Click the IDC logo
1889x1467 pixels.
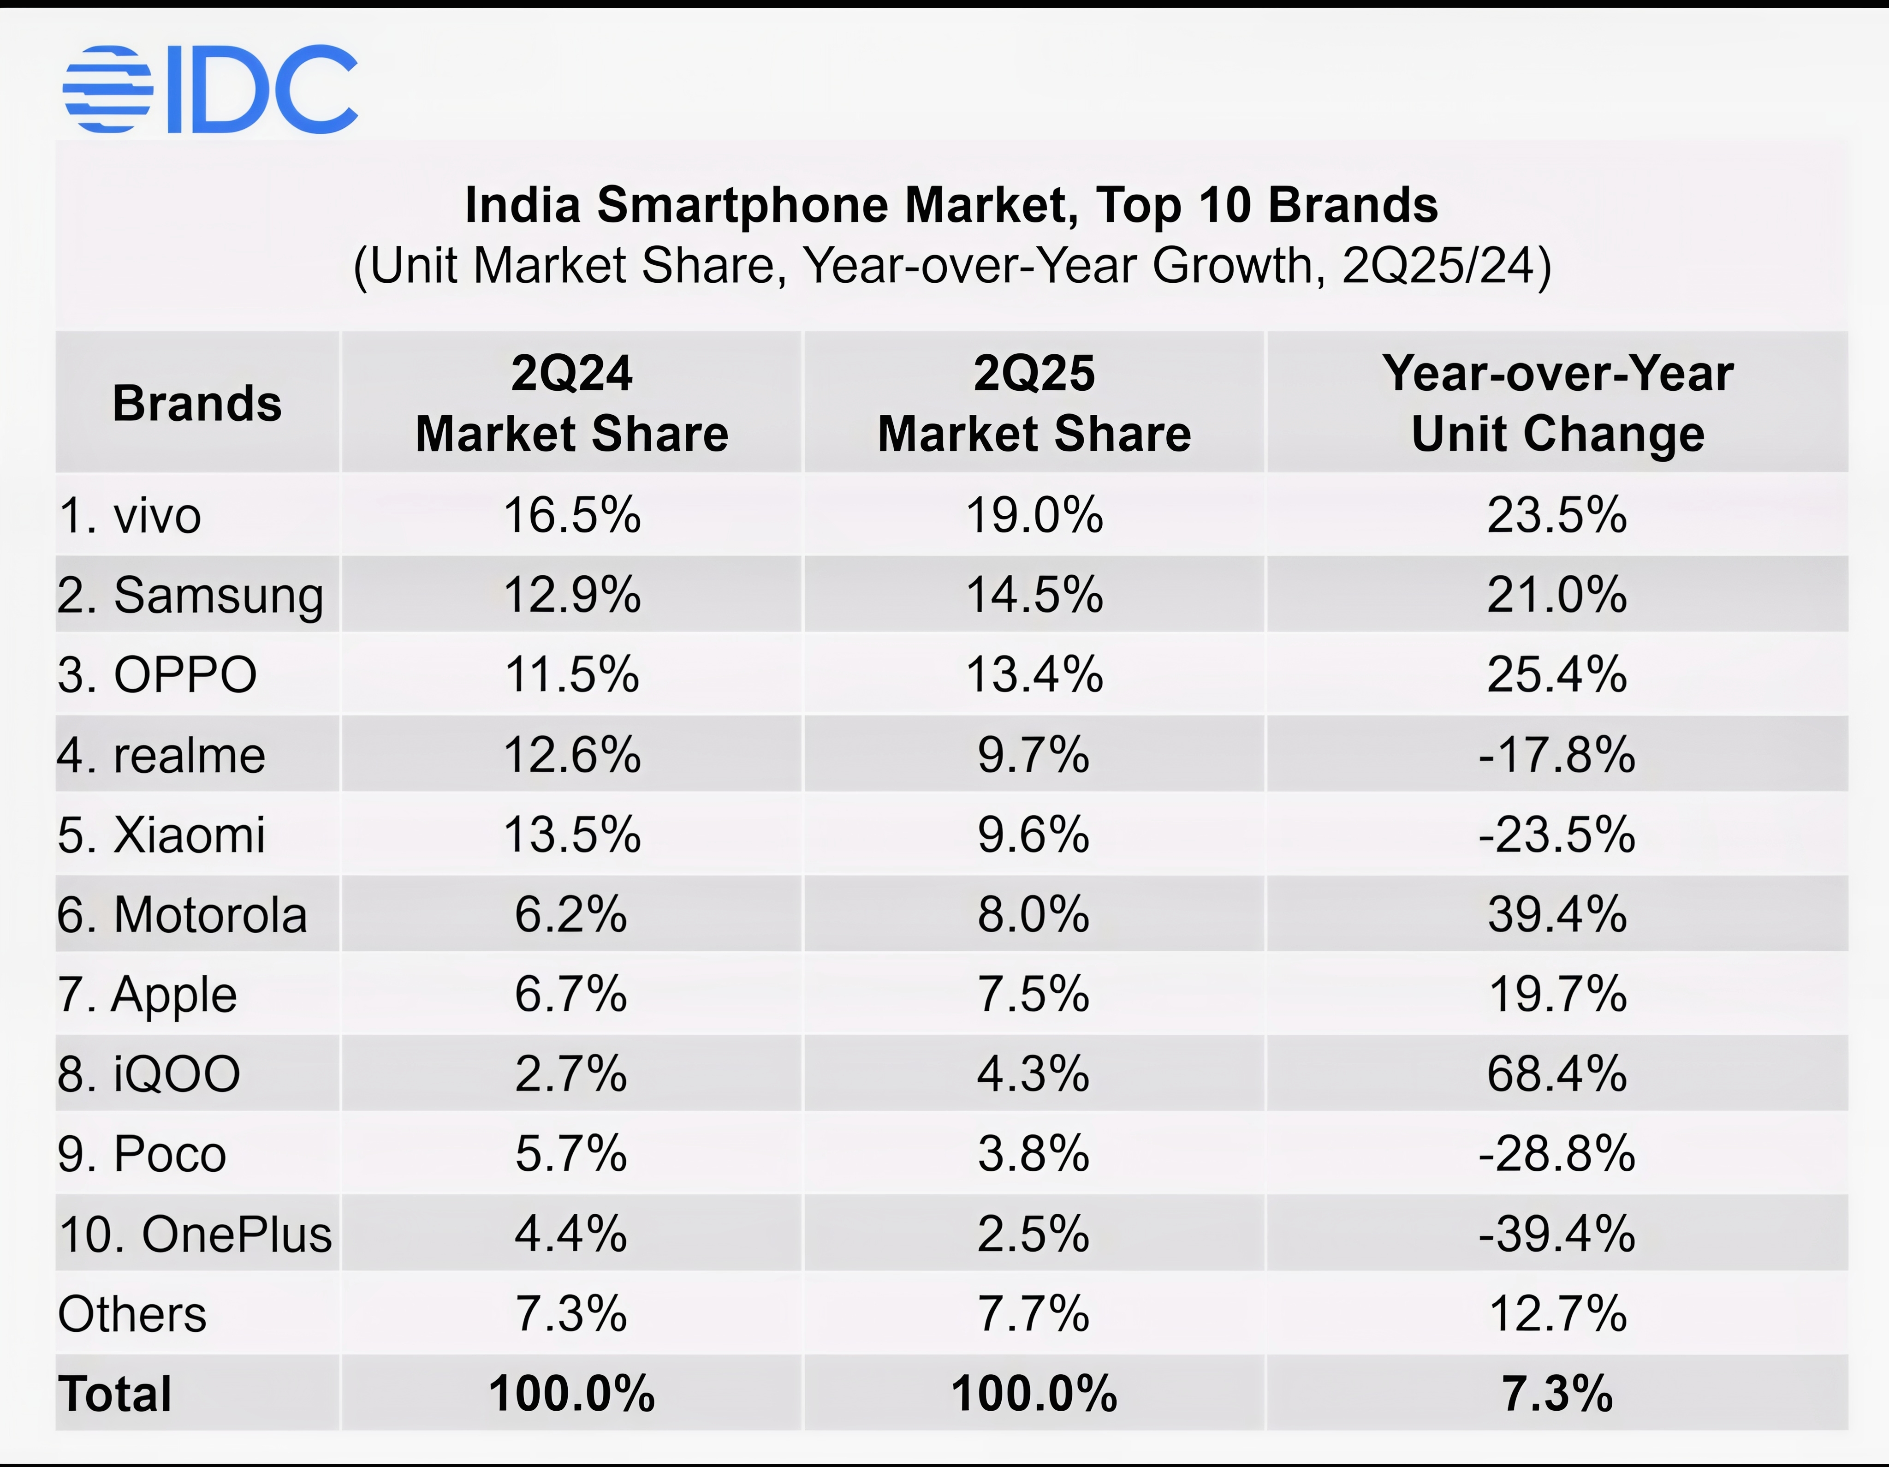point(210,89)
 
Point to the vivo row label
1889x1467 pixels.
point(130,516)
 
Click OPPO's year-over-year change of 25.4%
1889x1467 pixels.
point(1557,674)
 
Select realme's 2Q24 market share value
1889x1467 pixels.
point(572,755)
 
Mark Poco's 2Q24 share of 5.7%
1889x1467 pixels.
point(572,1154)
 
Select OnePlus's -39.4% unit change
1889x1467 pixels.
point(1557,1234)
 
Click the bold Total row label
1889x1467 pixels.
point(115,1394)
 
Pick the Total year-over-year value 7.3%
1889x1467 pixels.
point(1557,1394)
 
